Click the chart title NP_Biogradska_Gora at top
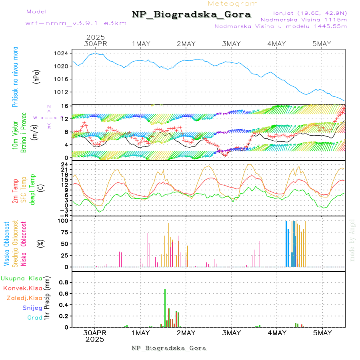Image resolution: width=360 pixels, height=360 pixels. [x=191, y=15]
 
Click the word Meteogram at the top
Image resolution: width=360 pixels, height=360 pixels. [x=233, y=4]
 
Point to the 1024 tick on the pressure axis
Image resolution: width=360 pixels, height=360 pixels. [x=63, y=53]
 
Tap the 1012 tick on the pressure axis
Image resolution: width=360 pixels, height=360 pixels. [x=63, y=92]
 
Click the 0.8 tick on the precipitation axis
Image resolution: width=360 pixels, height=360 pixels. [x=64, y=282]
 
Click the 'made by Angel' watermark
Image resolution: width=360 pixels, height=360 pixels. [x=352, y=240]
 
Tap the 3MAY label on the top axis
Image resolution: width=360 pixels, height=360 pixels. [x=231, y=44]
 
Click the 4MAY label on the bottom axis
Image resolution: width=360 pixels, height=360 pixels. [x=276, y=333]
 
